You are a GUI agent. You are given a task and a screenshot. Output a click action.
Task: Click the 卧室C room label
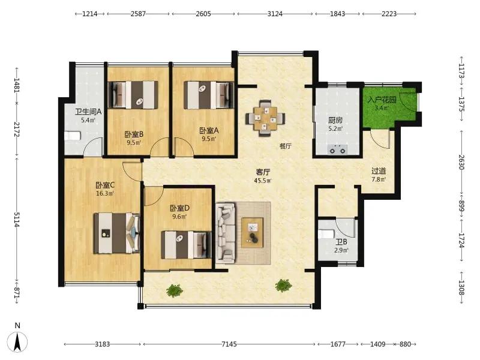click(105, 185)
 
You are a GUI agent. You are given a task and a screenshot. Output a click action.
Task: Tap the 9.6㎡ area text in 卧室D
click(179, 217)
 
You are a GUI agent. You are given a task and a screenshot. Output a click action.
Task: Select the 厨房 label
click(335, 121)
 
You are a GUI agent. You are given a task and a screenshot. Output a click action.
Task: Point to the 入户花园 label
click(382, 100)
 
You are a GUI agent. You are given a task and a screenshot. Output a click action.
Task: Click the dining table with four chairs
click(265, 118)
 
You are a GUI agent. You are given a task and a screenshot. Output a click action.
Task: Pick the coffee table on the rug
click(252, 232)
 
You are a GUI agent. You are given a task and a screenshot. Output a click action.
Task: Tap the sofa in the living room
click(226, 233)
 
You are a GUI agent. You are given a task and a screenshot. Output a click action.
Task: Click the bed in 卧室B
click(134, 95)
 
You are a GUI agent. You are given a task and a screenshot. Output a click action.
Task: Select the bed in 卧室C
click(116, 233)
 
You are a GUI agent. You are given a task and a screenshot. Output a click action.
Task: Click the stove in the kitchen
click(337, 150)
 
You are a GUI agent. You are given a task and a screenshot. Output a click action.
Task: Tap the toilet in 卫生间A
click(73, 136)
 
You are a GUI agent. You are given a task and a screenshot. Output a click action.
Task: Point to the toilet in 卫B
click(326, 234)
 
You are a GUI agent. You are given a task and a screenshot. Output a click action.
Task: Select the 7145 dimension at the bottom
click(229, 344)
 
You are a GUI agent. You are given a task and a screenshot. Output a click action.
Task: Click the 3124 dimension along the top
click(275, 14)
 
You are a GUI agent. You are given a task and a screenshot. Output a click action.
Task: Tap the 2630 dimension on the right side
click(461, 162)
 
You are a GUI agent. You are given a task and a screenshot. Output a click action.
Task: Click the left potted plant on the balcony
click(175, 290)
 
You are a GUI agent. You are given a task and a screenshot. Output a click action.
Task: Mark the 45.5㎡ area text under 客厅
click(263, 181)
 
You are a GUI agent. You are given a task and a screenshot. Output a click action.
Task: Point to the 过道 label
click(379, 172)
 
